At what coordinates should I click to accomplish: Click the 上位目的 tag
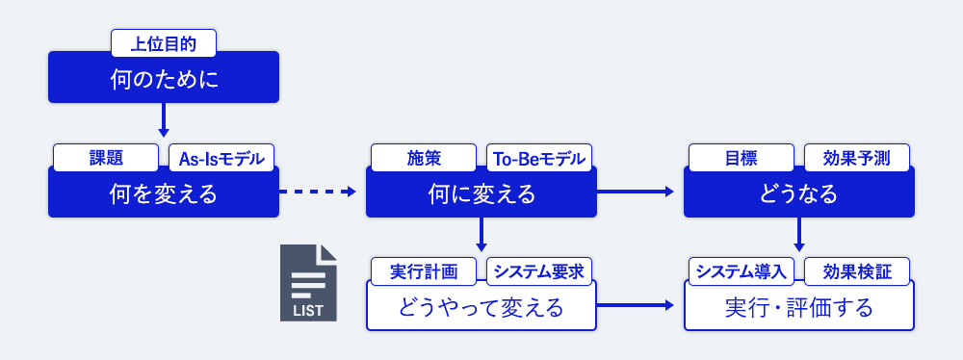164,42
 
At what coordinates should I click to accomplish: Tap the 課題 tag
106,157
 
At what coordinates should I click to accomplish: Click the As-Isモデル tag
221,157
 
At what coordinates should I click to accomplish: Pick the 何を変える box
164,193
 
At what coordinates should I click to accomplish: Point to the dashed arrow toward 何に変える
318,193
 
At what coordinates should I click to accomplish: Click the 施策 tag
424,157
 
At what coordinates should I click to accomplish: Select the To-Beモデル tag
539,157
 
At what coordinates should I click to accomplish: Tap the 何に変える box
481,193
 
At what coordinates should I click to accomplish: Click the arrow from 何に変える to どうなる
636,193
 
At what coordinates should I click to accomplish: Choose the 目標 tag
742,157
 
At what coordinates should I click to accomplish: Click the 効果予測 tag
857,157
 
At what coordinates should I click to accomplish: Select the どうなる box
799,193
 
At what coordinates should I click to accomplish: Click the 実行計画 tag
424,271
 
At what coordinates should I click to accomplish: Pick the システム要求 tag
539,271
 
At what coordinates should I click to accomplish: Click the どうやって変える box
481,308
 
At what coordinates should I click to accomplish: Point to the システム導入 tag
742,271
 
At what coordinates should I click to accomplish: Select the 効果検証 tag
857,271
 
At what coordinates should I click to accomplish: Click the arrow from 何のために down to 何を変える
164,120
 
